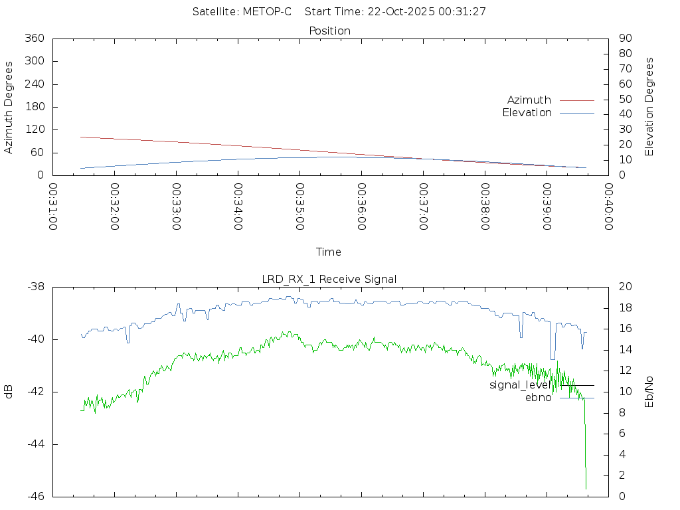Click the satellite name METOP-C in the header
click(267, 12)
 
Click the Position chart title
click(330, 31)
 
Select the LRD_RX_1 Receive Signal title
click(329, 279)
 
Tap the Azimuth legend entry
click(529, 100)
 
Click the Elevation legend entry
click(527, 113)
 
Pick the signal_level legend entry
click(520, 385)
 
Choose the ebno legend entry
click(538, 398)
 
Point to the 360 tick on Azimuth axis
click(34, 39)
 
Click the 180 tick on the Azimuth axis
click(34, 107)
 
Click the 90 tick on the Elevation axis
click(624, 39)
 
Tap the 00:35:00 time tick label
click(299, 207)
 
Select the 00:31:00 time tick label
click(53, 207)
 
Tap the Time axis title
click(329, 252)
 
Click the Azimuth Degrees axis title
click(9, 107)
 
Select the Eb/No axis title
click(649, 391)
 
